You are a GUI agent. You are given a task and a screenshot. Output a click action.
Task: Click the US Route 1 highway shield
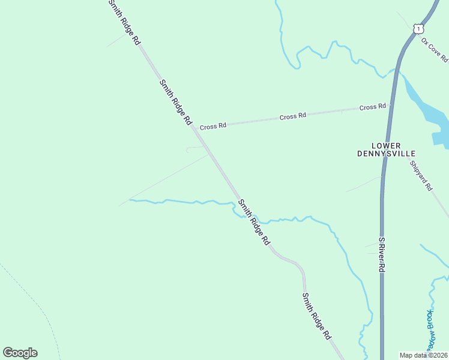click(x=418, y=28)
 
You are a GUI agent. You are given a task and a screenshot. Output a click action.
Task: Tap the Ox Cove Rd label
click(x=435, y=50)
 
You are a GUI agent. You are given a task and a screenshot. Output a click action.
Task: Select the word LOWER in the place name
click(x=386, y=145)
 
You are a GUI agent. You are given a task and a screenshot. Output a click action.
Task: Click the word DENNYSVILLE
click(x=386, y=154)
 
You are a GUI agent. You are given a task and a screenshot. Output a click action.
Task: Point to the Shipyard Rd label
click(x=421, y=175)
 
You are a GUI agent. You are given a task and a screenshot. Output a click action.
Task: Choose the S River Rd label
click(x=381, y=254)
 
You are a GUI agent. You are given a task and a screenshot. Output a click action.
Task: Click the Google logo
click(x=20, y=353)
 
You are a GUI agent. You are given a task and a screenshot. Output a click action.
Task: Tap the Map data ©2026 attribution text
click(x=424, y=355)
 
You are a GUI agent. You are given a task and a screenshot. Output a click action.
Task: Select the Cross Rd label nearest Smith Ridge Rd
click(x=213, y=127)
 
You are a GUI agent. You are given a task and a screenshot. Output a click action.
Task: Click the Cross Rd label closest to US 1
click(x=372, y=107)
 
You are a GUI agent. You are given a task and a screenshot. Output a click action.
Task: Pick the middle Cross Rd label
click(x=293, y=116)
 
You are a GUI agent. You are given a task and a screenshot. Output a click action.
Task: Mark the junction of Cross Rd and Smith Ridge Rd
click(x=194, y=127)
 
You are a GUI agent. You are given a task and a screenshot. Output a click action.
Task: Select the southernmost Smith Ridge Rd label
click(x=317, y=316)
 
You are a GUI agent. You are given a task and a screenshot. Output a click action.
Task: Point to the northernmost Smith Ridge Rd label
click(x=124, y=23)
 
